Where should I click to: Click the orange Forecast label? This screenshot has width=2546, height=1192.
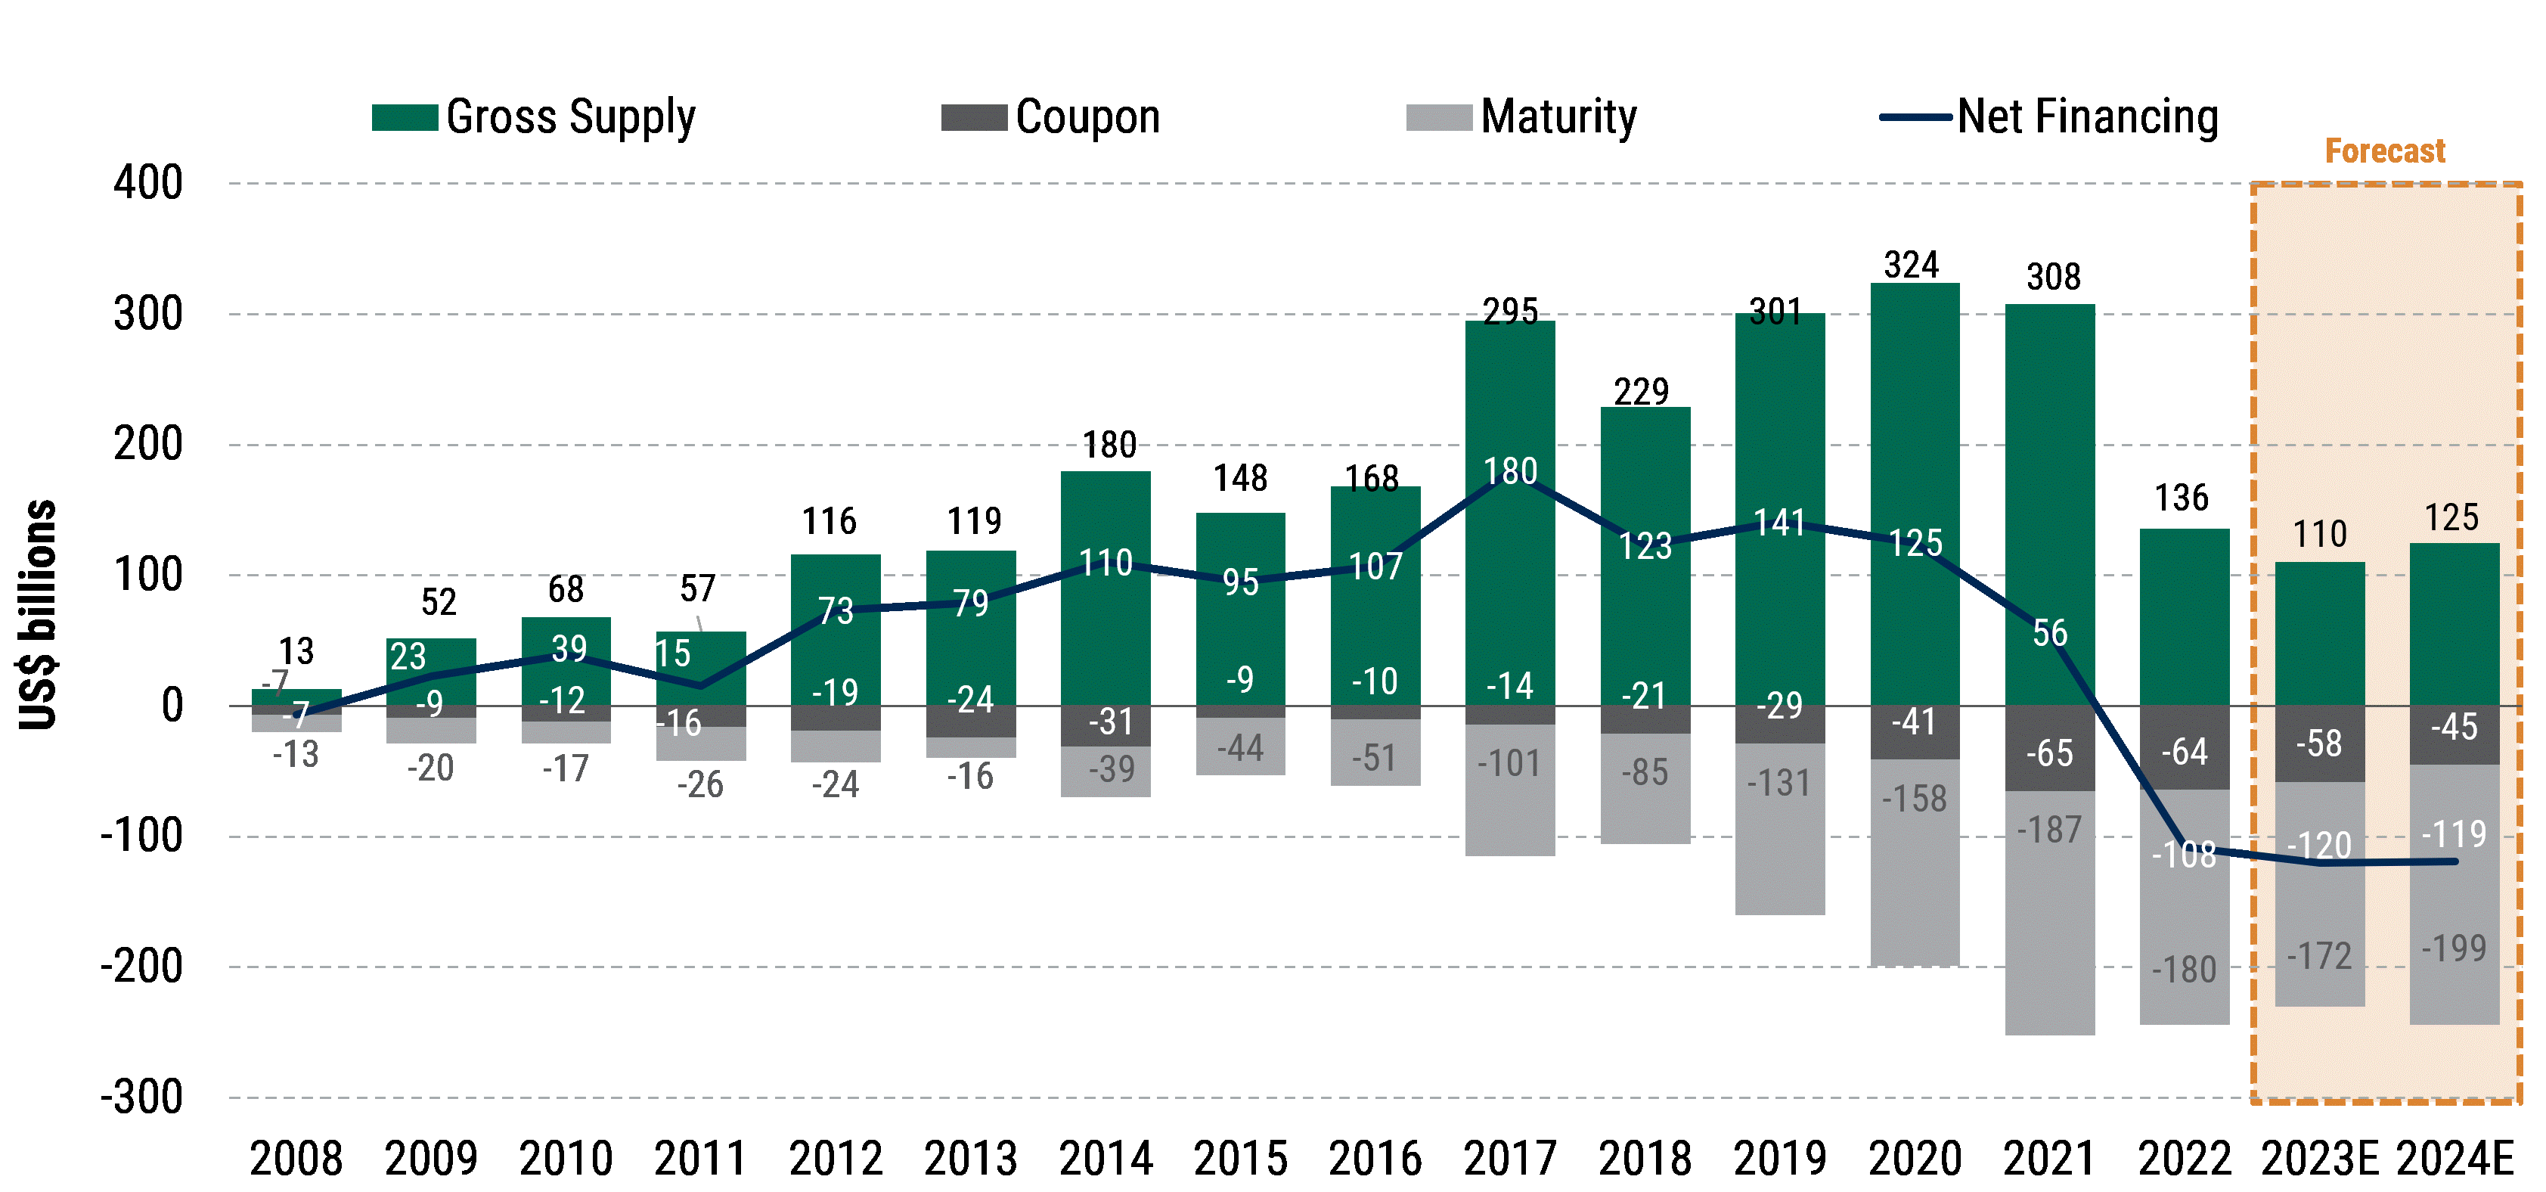(2384, 151)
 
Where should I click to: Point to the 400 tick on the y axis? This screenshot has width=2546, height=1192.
(147, 184)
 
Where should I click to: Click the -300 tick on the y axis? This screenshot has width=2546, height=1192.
(141, 1097)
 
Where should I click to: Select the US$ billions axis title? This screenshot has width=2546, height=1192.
(39, 615)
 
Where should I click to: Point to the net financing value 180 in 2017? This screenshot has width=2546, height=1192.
(1509, 471)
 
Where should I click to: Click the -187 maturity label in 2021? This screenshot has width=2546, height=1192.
(2049, 829)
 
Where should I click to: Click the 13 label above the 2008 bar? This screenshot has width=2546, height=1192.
(296, 651)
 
